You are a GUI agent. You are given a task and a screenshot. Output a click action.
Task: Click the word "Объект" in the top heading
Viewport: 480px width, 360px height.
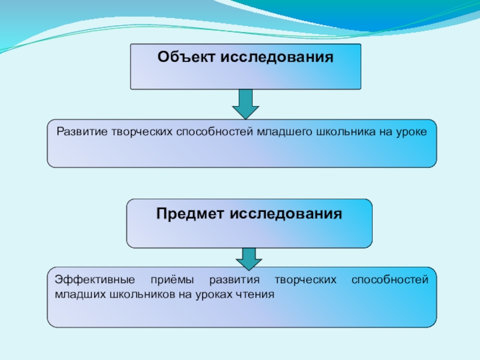pos(187,58)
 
